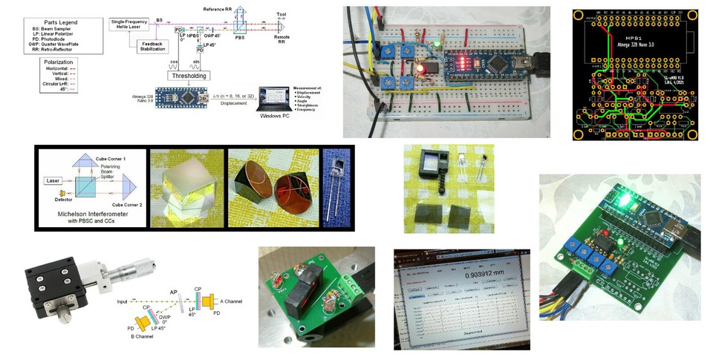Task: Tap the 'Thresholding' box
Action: click(x=189, y=76)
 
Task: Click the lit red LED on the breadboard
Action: click(x=420, y=68)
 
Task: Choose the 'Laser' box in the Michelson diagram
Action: click(x=54, y=180)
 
